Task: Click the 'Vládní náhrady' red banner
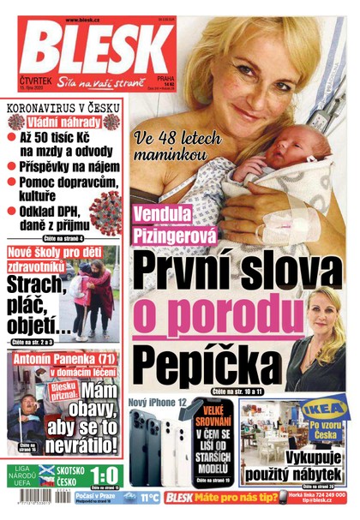[63, 123]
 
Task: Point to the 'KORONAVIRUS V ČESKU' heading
[63, 109]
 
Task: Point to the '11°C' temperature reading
[147, 498]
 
